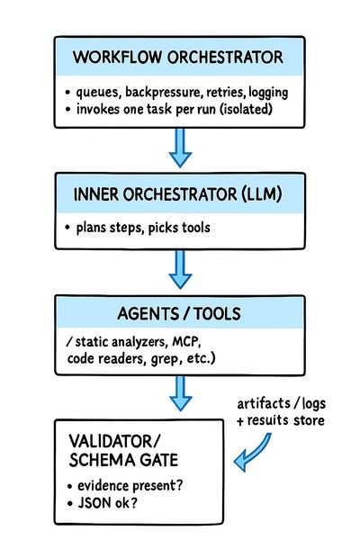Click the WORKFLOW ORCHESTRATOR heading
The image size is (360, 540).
[179, 58]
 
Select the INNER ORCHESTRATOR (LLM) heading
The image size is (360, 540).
[179, 194]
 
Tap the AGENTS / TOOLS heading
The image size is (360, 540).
[179, 315]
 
